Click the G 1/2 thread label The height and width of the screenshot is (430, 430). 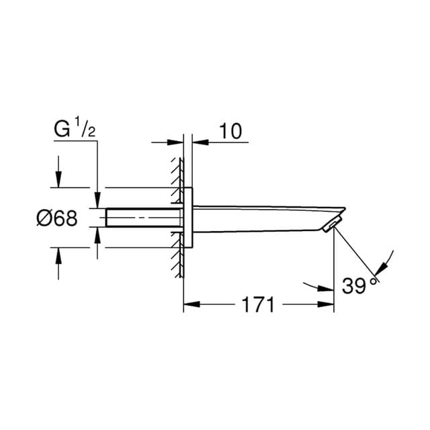pyautogui.click(x=75, y=129)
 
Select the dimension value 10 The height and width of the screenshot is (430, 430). pyautogui.click(x=231, y=131)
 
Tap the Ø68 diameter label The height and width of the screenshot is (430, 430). pyautogui.click(x=57, y=218)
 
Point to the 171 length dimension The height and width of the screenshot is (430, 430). pyautogui.click(x=258, y=304)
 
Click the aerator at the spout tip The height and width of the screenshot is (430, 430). pyautogui.click(x=332, y=224)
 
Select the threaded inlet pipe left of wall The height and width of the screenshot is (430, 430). pyautogui.click(x=144, y=218)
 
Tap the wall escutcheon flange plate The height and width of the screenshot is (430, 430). pyautogui.click(x=188, y=218)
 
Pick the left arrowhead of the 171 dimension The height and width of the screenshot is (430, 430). pyautogui.click(x=191, y=304)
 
